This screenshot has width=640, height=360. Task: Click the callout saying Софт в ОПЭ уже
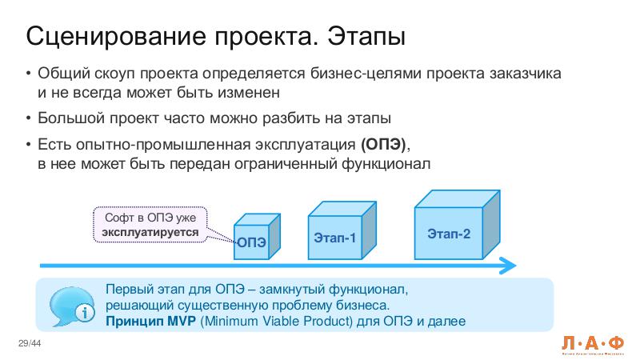tap(150, 218)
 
